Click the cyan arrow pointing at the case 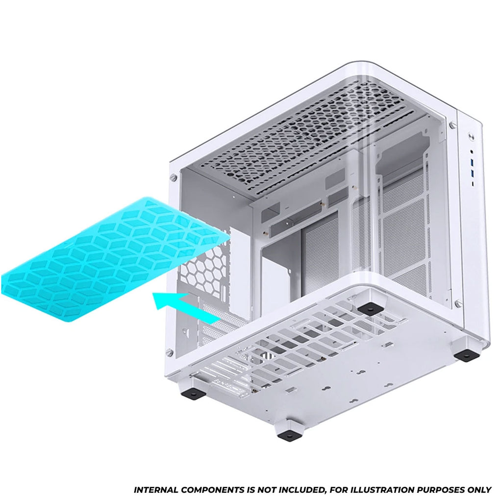[x=186, y=307]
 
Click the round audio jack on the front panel [x=472, y=151]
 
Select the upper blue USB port [x=472, y=164]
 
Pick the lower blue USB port [x=473, y=175]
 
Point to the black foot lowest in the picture [x=289, y=435]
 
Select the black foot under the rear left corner [x=194, y=393]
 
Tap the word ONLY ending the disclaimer [x=478, y=490]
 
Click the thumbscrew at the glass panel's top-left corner [x=173, y=176]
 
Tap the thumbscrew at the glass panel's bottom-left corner [x=169, y=353]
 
